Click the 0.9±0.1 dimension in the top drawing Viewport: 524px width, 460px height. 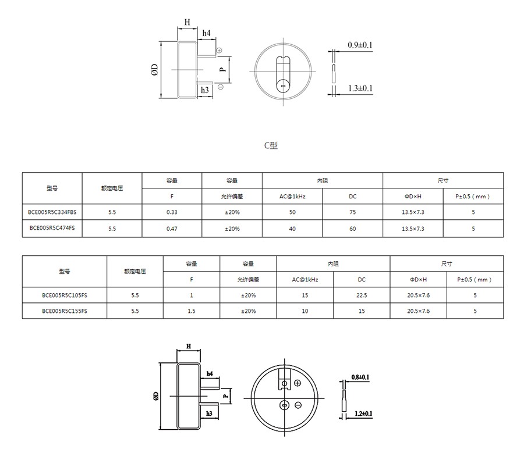click(x=360, y=45)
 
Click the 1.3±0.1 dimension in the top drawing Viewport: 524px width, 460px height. click(x=360, y=88)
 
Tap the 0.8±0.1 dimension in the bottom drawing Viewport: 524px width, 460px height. click(x=360, y=377)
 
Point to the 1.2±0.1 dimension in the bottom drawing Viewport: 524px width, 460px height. click(x=363, y=413)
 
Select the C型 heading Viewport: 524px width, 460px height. click(x=271, y=145)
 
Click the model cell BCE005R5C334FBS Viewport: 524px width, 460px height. click(x=52, y=212)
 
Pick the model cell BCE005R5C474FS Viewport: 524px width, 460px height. click(x=52, y=228)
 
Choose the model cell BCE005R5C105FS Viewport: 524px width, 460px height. click(x=65, y=295)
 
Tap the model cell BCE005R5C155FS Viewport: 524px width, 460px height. click(x=65, y=311)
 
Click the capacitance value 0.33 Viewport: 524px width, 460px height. click(x=172, y=212)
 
